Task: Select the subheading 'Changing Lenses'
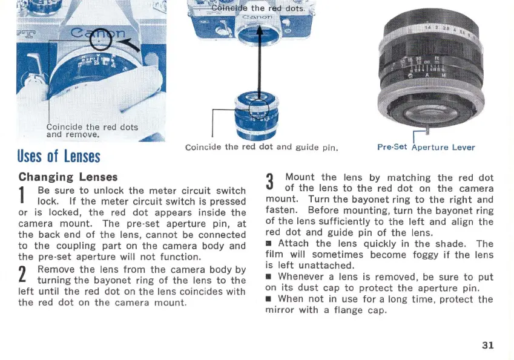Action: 68,177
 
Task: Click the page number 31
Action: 488,345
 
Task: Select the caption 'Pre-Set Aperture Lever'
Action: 426,147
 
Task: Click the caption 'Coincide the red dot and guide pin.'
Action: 261,147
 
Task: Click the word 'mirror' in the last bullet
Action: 282,310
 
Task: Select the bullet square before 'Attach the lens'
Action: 269,244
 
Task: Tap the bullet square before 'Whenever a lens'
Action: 269,277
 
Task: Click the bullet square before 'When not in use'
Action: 269,299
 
